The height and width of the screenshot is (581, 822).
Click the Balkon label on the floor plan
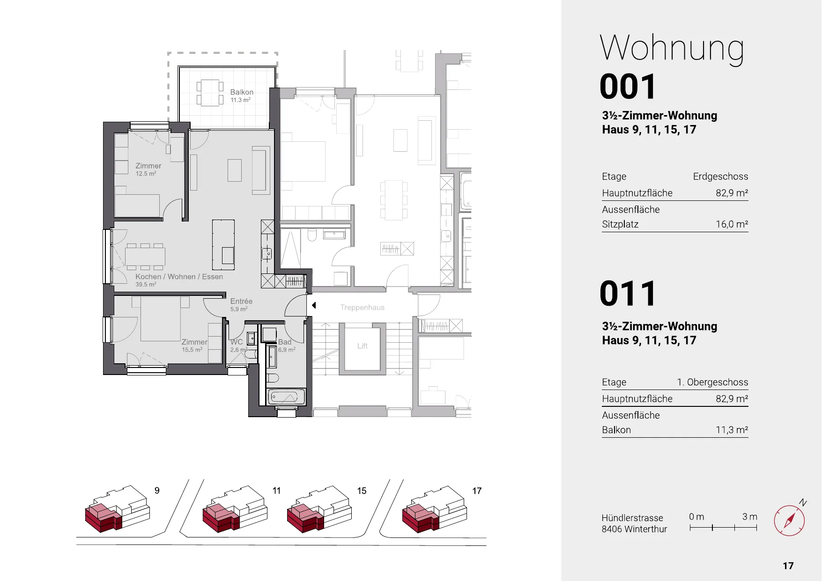coord(242,92)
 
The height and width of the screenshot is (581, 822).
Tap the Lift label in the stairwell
coord(363,346)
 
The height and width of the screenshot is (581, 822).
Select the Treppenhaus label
coord(362,308)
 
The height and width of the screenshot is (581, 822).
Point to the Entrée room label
coord(241,302)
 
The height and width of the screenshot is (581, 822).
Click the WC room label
coord(237,342)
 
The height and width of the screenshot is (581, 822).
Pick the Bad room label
coord(285,342)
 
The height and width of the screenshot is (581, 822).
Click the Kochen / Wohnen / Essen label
coord(179,277)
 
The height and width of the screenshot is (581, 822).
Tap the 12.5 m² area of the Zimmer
coord(146,174)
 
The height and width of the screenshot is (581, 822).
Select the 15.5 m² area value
coord(192,350)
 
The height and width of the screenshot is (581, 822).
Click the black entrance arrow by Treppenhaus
coord(314,305)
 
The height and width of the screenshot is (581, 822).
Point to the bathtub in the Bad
coord(286,397)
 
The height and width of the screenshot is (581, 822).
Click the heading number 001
coord(628,87)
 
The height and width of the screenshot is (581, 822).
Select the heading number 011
coord(628,294)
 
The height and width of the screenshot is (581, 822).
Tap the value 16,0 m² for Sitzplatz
coord(732,224)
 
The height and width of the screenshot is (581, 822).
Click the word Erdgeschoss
coord(720,177)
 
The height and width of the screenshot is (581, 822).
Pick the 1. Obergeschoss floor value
coord(712,382)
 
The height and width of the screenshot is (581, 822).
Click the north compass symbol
coord(790,520)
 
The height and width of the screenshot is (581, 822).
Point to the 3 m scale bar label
coord(749,516)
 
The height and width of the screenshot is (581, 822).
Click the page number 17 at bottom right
coord(788,566)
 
